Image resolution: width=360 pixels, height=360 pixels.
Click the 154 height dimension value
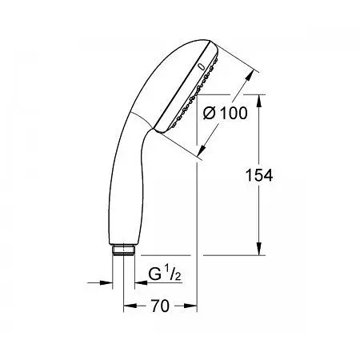pos(259,175)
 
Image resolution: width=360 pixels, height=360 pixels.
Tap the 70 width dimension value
pos(160,306)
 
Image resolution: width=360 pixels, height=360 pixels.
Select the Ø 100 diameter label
pos(226,113)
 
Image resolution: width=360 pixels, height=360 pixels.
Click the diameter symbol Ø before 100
pos(210,113)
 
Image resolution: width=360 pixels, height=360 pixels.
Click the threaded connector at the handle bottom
pos(124,250)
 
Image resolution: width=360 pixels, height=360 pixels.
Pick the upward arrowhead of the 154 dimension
pos(259,101)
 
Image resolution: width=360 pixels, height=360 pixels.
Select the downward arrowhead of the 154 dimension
pos(259,249)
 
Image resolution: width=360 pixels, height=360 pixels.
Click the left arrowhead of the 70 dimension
pos(130,306)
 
